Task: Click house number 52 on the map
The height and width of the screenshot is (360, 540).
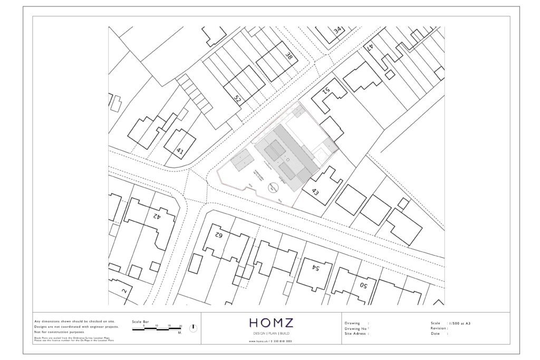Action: (237, 99)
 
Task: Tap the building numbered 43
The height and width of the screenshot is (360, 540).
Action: (315, 191)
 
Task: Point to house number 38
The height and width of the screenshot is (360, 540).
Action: (288, 56)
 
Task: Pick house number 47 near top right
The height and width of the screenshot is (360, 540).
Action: (371, 47)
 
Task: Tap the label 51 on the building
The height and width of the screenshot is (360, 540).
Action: (326, 91)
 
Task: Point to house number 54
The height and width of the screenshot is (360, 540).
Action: (316, 268)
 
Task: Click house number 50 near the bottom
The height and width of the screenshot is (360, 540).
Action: (363, 285)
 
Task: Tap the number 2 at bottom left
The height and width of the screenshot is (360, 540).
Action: (124, 290)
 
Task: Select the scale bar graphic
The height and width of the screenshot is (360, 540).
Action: (157, 327)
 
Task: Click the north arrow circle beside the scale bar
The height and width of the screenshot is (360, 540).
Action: (193, 328)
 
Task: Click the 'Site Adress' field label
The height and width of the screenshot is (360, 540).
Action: (356, 334)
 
